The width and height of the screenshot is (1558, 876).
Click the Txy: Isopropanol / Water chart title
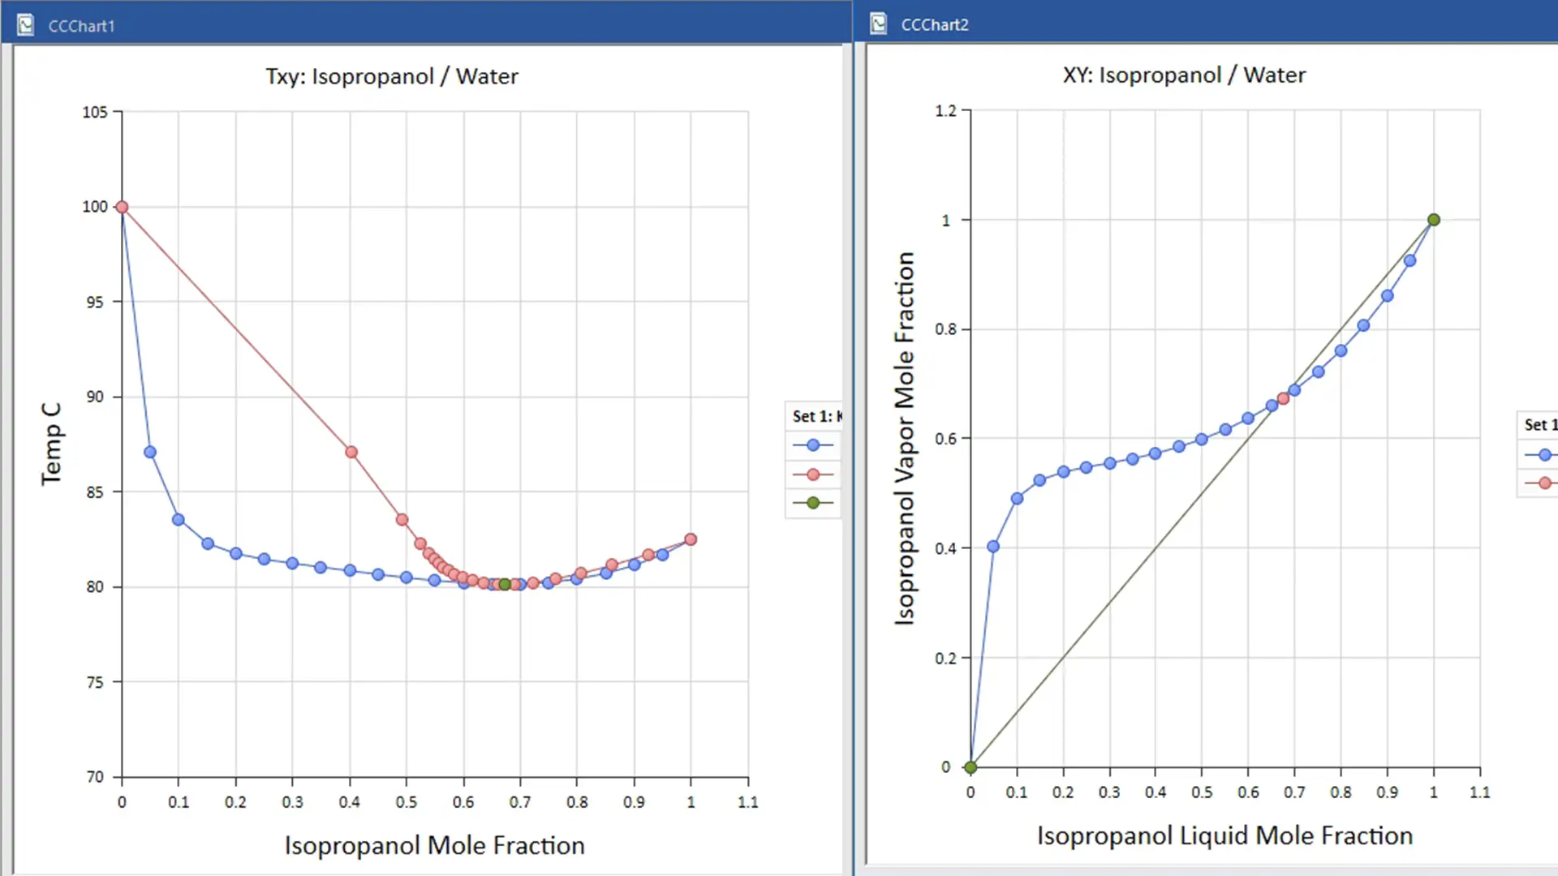pyautogui.click(x=391, y=76)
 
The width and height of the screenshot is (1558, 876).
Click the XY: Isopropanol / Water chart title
pyautogui.click(x=1184, y=75)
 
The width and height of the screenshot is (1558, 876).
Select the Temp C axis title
pyautogui.click(x=51, y=444)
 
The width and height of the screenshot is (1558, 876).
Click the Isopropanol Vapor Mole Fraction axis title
pyautogui.click(x=904, y=438)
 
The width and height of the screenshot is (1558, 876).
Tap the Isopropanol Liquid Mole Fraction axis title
pyautogui.click(x=1224, y=835)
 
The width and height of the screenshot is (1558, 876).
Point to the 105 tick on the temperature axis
pyautogui.click(x=95, y=112)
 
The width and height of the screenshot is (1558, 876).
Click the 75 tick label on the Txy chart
pyautogui.click(x=95, y=682)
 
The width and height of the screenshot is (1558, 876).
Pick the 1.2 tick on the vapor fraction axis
pyautogui.click(x=945, y=110)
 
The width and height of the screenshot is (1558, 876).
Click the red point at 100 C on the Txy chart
pyautogui.click(x=122, y=207)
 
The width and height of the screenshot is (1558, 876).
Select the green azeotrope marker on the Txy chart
pyautogui.click(x=505, y=584)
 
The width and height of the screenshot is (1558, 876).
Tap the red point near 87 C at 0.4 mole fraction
pyautogui.click(x=351, y=452)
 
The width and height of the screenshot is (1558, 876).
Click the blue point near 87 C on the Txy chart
pyautogui.click(x=150, y=452)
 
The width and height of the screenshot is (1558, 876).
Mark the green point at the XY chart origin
pyautogui.click(x=971, y=766)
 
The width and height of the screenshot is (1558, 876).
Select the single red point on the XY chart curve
pyautogui.click(x=1283, y=398)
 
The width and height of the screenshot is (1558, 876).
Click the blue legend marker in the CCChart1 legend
pyautogui.click(x=813, y=444)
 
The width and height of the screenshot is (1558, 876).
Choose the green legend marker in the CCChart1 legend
pyautogui.click(x=813, y=503)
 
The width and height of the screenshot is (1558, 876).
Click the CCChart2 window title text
pyautogui.click(x=935, y=24)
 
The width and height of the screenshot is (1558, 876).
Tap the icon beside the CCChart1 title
pyautogui.click(x=26, y=25)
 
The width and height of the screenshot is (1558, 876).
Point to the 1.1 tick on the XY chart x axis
pyautogui.click(x=1479, y=792)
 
